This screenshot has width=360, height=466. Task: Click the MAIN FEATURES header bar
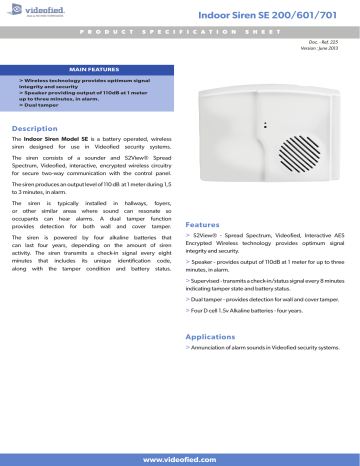coord(88,68)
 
